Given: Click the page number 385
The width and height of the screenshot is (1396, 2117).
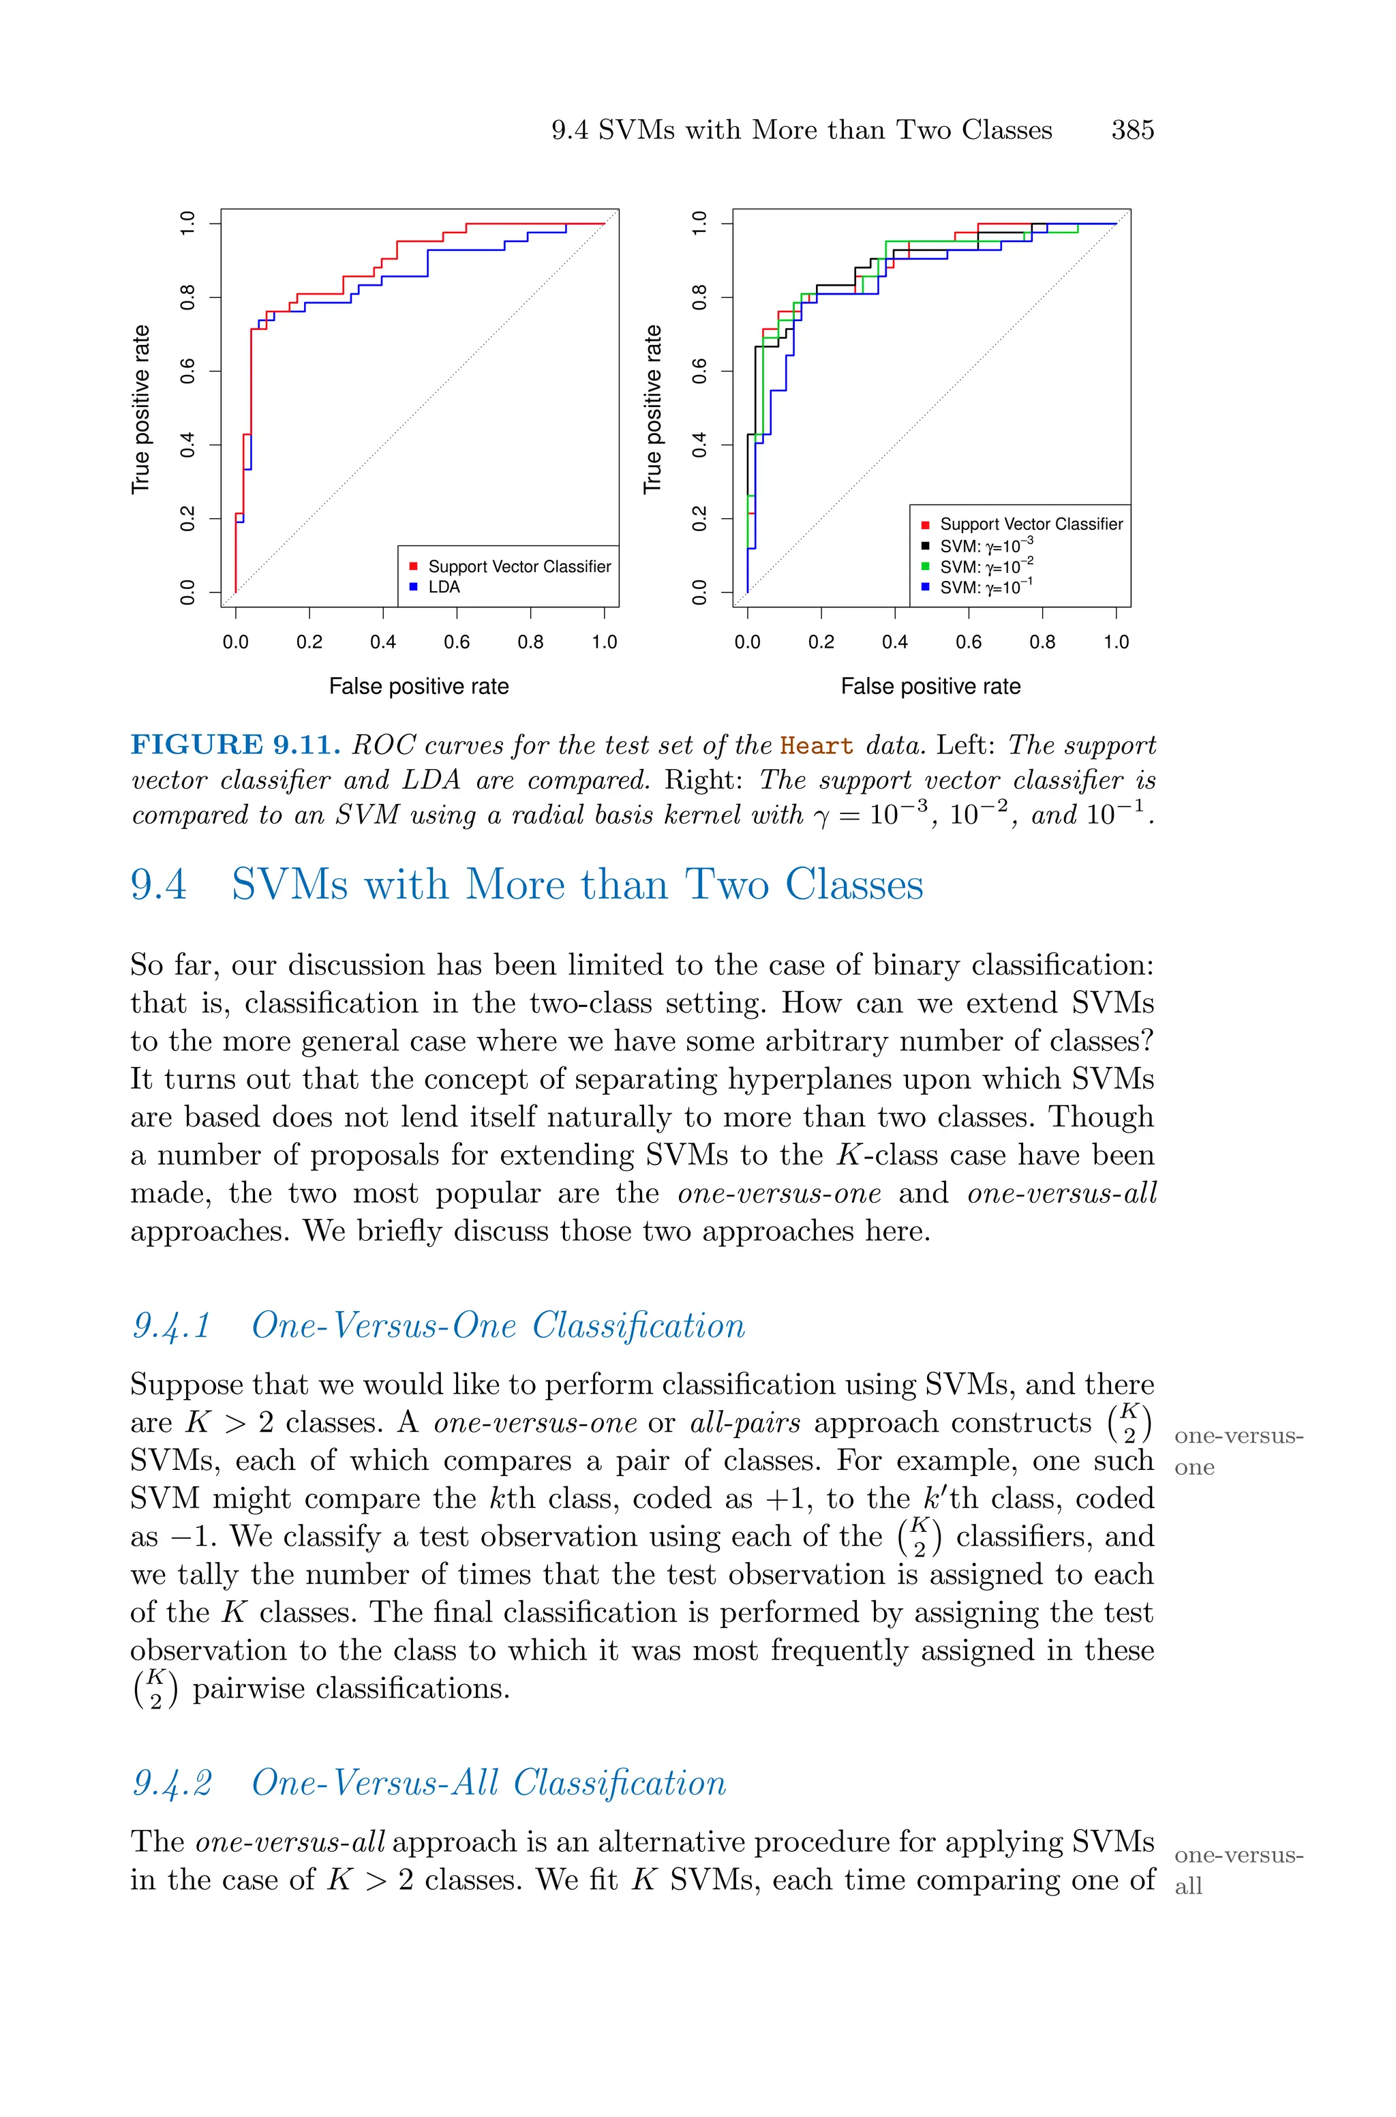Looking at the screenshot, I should [x=1132, y=130].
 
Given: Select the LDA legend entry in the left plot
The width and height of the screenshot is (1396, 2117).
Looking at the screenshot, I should [x=443, y=586].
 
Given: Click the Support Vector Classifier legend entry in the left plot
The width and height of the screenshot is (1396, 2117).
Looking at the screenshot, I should [x=519, y=566].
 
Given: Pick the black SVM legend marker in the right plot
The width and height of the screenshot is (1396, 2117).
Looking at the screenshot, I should [x=925, y=545].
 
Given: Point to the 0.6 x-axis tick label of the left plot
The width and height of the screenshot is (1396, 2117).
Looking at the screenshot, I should [x=457, y=642].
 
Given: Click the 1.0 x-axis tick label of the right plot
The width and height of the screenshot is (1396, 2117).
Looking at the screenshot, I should [x=1116, y=642].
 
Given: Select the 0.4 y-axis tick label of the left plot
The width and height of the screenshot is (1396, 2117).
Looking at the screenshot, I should [x=188, y=445].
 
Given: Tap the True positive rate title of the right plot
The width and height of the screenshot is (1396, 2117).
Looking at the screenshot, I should [x=652, y=408].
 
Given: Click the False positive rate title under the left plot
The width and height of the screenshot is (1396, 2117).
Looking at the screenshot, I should [x=419, y=687].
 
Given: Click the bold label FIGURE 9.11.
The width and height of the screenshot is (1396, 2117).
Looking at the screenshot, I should [x=235, y=745].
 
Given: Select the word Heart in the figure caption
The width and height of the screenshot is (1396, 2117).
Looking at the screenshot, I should [x=815, y=746].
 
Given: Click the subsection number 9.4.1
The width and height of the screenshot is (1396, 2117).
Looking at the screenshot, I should [x=171, y=1325].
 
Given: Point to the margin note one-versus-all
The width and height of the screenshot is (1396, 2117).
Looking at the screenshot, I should [x=1238, y=1870].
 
